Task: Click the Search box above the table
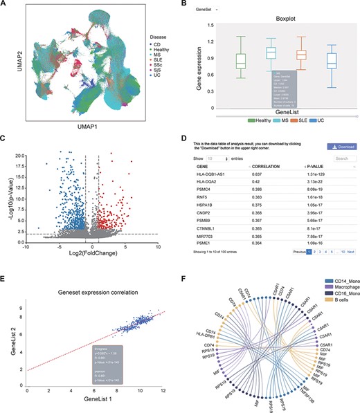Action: tap(341, 158)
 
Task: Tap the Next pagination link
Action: tap(350, 253)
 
